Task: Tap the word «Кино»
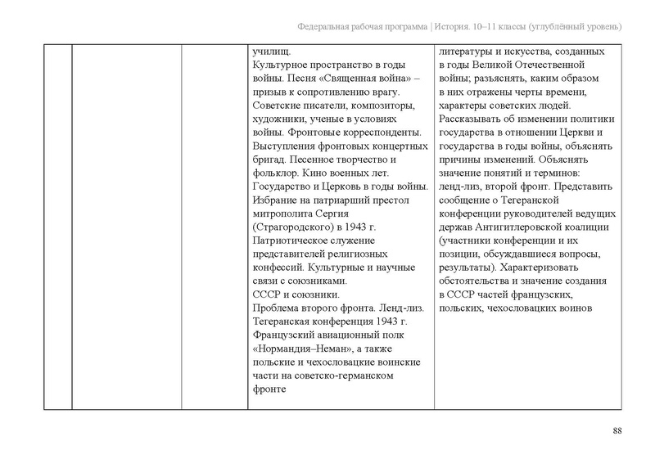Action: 322,173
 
